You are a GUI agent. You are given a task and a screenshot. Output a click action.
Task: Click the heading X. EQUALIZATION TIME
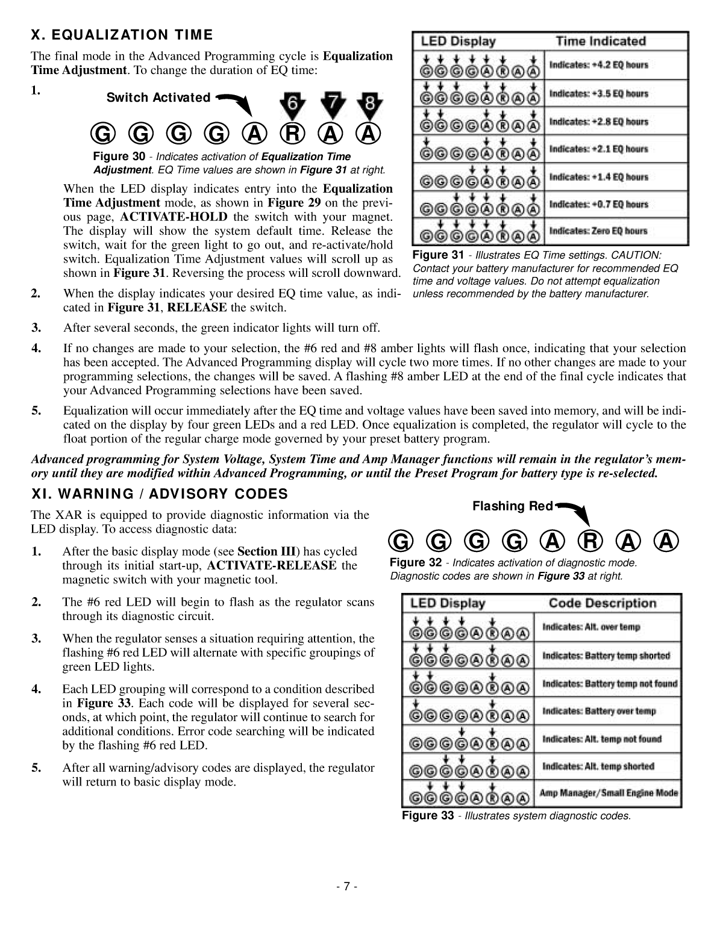tap(122, 35)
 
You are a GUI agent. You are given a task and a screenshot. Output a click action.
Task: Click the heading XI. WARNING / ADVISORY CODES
tap(159, 494)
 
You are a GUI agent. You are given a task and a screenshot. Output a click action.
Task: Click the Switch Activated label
tap(158, 98)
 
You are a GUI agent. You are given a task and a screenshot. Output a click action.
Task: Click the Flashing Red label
tap(512, 506)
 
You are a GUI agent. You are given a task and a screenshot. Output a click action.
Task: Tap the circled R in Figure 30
tap(292, 134)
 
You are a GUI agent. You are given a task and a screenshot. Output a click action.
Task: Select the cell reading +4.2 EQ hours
tap(599, 65)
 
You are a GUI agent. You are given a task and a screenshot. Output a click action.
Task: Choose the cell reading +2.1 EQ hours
tap(599, 149)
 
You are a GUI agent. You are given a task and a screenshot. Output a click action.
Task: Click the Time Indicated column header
tap(600, 42)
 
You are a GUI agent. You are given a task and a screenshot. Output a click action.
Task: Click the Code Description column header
tap(602, 603)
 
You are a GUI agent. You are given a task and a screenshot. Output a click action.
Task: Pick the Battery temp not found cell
tap(609, 684)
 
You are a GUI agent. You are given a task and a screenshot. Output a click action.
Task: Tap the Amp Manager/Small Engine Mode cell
tap(609, 793)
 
